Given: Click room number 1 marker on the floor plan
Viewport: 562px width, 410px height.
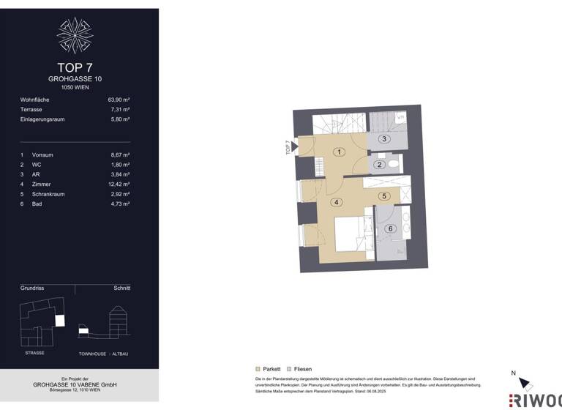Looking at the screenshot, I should (339, 152).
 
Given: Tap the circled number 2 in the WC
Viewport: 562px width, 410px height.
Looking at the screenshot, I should (379, 165).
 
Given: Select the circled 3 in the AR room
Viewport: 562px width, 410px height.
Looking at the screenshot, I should (383, 138).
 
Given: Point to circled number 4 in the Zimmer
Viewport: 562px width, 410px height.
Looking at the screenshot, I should (336, 202).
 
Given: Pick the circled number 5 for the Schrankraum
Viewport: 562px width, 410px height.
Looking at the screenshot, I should (384, 196).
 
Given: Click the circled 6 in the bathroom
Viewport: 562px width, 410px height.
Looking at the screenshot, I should (391, 228).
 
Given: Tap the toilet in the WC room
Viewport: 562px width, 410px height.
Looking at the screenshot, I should (393, 163).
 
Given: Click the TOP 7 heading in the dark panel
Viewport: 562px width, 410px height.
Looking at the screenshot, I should (75, 67).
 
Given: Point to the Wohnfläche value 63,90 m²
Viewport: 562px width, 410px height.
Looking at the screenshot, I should (119, 99).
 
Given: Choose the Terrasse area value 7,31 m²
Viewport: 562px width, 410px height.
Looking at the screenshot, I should (120, 109).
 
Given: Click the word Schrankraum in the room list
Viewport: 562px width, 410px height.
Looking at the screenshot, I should (48, 194).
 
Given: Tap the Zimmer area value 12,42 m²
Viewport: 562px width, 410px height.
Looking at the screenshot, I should (119, 184).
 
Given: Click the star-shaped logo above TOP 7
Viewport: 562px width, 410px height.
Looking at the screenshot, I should (75, 35).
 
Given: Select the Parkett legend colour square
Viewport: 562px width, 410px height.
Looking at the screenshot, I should (258, 369).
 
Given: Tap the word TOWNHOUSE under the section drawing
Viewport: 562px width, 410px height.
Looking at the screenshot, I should (91, 354).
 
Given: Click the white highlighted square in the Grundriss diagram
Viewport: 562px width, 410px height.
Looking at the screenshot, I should (60, 321).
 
